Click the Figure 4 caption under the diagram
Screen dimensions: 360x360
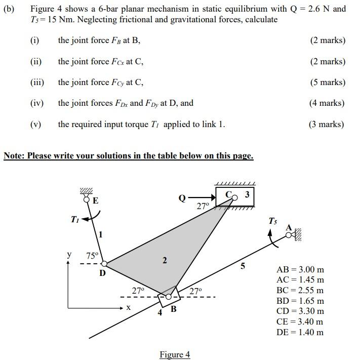click(x=175, y=354)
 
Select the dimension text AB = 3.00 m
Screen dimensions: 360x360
click(x=300, y=269)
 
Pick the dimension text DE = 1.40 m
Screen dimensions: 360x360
click(x=300, y=332)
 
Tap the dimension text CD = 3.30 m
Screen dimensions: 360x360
click(x=300, y=311)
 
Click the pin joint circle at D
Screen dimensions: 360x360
click(x=104, y=263)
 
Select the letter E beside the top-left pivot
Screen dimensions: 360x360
click(x=95, y=201)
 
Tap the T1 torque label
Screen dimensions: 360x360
click(x=75, y=219)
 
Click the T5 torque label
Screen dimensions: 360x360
click(x=273, y=221)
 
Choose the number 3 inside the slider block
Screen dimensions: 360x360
click(x=247, y=194)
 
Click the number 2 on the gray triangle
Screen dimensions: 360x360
click(x=164, y=260)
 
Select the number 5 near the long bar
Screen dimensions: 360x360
click(x=243, y=266)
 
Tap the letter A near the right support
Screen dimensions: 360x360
click(x=289, y=228)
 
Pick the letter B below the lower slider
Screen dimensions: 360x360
click(x=173, y=309)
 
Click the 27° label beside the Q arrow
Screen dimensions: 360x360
click(x=203, y=207)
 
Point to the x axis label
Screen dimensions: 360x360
click(x=128, y=307)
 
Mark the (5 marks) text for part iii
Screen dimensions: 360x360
click(x=327, y=82)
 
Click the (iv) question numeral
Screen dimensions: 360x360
click(x=37, y=103)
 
